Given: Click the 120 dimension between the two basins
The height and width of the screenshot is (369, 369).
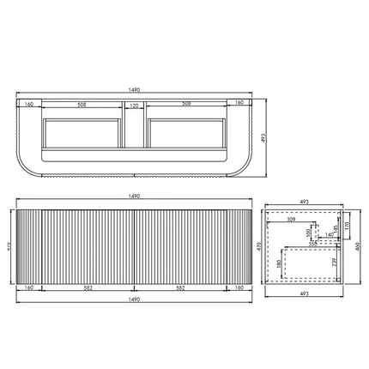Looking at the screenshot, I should [x=133, y=106].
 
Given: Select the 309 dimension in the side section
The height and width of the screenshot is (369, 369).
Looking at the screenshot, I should [x=294, y=221].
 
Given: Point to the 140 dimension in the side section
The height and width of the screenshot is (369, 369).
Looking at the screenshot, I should [x=329, y=234].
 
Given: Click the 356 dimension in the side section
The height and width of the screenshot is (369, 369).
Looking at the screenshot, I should [x=314, y=243].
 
